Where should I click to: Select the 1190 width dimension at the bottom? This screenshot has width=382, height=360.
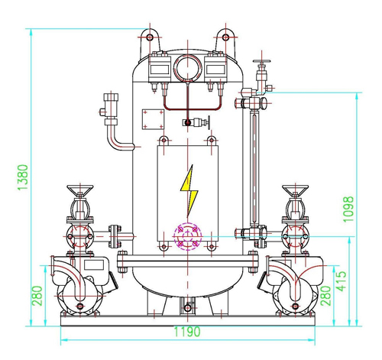pyautogui.click(x=187, y=332)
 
